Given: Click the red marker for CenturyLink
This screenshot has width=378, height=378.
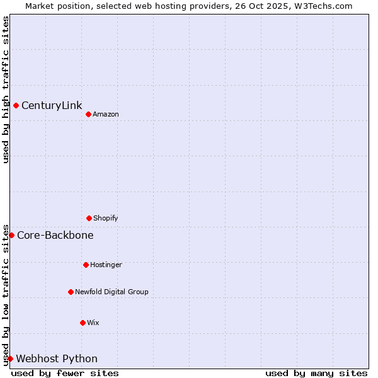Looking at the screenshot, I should click(16, 105).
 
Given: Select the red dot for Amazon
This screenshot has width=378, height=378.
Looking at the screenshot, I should click(88, 114).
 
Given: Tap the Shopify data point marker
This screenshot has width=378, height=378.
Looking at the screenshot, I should click(89, 218).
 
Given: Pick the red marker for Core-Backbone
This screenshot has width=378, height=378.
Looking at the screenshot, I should click(11, 235).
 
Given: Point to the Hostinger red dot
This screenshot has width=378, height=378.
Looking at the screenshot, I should click(86, 265).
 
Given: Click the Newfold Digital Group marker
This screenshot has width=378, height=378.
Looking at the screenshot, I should click(71, 292).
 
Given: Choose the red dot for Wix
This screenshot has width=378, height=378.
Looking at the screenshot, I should click(83, 323).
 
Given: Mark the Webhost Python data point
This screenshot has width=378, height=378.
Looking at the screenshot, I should click(10, 358).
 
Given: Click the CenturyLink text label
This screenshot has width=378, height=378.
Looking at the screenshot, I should click(52, 105).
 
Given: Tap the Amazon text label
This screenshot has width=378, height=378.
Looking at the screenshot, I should click(106, 114).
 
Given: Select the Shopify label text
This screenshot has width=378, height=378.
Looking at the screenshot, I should click(106, 218).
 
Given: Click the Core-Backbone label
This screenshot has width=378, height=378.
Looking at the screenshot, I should click(55, 235).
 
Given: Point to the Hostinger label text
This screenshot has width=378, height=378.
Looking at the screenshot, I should click(106, 265).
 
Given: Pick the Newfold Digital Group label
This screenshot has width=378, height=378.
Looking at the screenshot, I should click(112, 292).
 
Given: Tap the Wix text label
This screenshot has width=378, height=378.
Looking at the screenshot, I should click(93, 323).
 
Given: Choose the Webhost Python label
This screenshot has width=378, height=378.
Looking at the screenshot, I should click(57, 358).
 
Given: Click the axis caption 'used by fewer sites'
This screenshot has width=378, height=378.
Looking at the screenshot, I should click(65, 373).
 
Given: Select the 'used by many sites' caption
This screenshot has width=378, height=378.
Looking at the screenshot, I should click(316, 373).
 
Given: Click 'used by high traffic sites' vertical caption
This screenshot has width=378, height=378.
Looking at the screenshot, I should click(6, 89).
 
